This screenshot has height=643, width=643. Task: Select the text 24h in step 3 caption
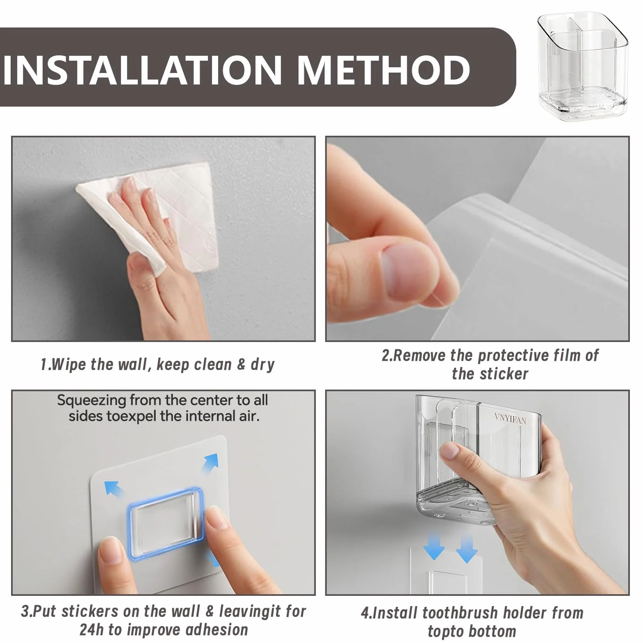(90, 629)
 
